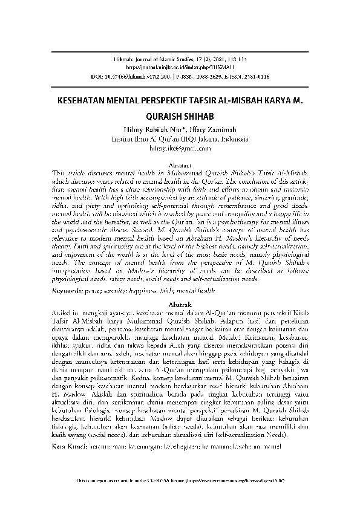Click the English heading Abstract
click(x=180, y=164)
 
